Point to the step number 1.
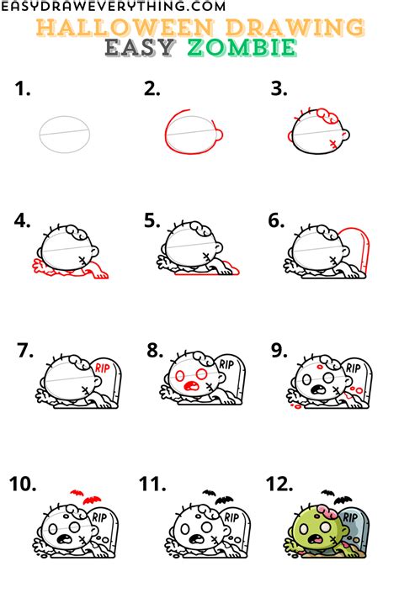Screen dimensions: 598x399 point(24,89)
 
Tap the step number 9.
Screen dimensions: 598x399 point(279,351)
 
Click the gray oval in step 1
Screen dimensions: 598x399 point(64,133)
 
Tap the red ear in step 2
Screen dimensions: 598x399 point(218,136)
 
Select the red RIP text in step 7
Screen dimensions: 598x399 point(103,368)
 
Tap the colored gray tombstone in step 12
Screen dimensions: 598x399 point(358,530)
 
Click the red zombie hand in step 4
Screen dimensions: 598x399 point(40,268)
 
